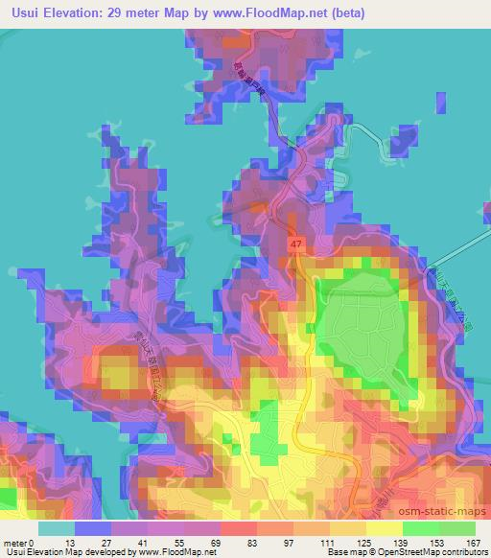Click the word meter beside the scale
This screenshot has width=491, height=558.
point(15,542)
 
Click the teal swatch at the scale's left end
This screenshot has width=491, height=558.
point(57,528)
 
